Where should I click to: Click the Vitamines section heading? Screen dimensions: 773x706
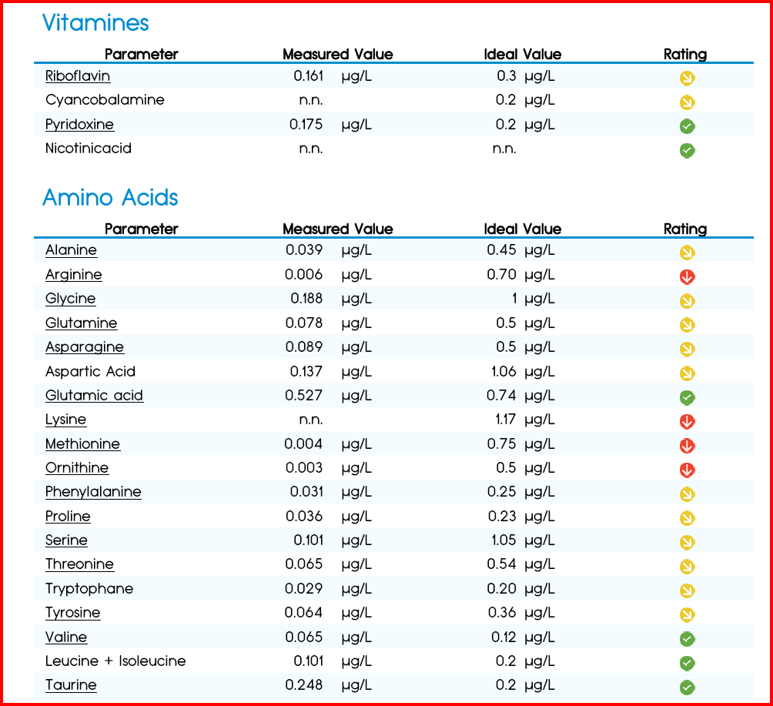pos(95,22)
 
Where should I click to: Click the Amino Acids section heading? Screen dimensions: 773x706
pos(110,197)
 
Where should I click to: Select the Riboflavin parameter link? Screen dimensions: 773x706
pos(78,76)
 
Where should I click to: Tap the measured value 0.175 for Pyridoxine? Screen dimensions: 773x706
pos(306,124)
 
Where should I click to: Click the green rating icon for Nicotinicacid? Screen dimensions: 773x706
pos(688,150)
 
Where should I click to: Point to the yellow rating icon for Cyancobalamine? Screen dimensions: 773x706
pos(688,102)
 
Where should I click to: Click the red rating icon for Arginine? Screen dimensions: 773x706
pos(688,276)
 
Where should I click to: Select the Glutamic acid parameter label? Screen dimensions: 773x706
pos(94,396)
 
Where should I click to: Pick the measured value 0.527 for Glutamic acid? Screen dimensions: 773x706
pos(303,396)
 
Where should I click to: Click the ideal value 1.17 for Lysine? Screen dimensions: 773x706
pos(506,420)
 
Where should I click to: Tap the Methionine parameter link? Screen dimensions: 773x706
pos(82,443)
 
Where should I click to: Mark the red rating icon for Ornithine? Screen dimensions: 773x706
pos(688,470)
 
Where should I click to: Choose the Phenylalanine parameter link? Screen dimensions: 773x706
pos(93,492)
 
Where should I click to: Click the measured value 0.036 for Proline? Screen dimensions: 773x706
pos(304,516)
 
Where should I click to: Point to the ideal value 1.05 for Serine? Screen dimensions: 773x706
pos(504,540)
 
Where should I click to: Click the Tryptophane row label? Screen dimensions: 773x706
pos(89,589)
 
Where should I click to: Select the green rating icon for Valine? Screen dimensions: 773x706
pos(688,639)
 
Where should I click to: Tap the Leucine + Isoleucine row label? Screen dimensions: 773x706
pos(115,661)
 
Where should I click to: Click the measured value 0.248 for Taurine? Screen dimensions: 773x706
pos(303,684)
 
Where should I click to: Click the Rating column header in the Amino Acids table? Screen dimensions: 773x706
pos(685,229)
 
